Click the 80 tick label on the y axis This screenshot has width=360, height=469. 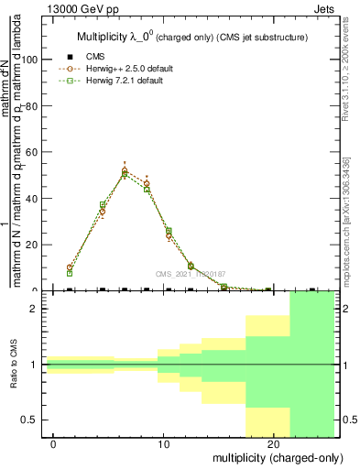pos(32,105)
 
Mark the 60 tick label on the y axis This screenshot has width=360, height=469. pos(32,152)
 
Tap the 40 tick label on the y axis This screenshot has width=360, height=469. pos(32,198)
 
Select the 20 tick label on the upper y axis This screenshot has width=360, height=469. pos(32,245)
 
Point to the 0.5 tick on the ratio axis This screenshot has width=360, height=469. pos(31,420)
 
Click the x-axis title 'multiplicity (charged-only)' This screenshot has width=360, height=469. pos(274,457)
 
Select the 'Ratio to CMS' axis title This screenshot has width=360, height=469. pos(14,365)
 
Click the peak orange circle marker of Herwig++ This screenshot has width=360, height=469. pos(125,170)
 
